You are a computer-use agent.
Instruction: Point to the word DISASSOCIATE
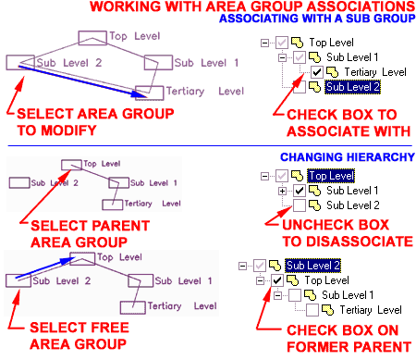pos(358,241)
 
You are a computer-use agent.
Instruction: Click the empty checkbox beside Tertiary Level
pos(312,309)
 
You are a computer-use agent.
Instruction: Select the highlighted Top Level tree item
pos(330,175)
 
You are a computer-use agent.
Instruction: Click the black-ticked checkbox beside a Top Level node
pos(277,279)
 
